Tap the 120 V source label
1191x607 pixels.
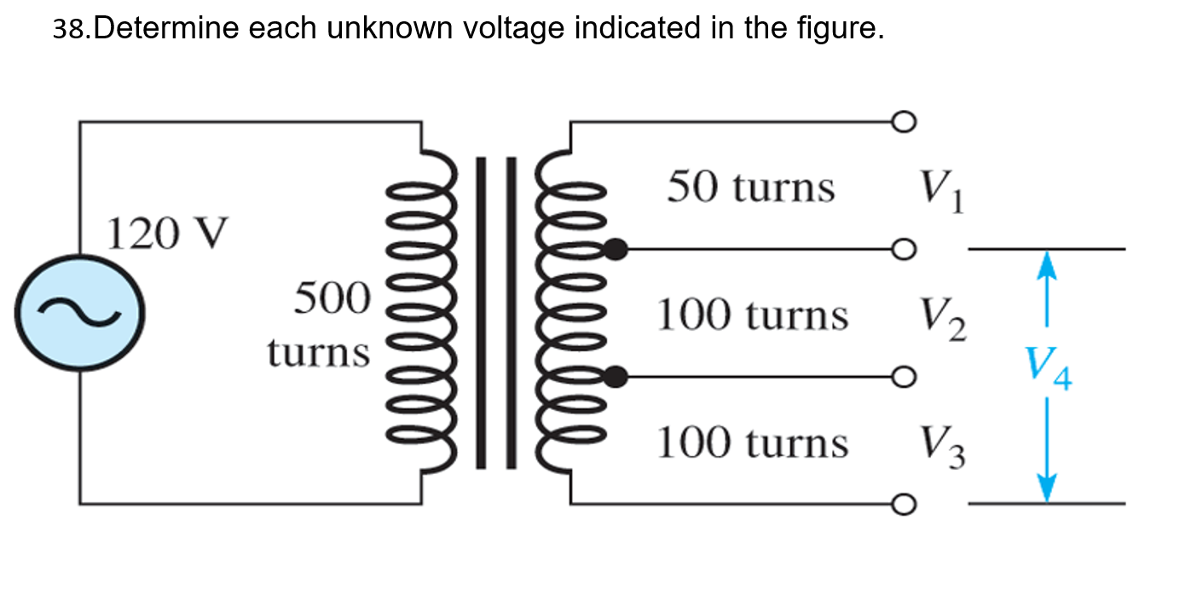click(x=168, y=233)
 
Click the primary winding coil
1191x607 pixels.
click(x=420, y=311)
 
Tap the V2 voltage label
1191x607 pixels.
click(x=942, y=321)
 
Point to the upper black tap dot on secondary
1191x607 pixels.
click(x=616, y=249)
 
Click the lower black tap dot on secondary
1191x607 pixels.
click(x=616, y=376)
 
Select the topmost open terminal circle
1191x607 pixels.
click(x=904, y=122)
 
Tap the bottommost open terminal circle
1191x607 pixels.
click(x=904, y=504)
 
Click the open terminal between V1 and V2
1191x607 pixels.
click(x=904, y=249)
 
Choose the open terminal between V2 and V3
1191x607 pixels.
click(x=904, y=376)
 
